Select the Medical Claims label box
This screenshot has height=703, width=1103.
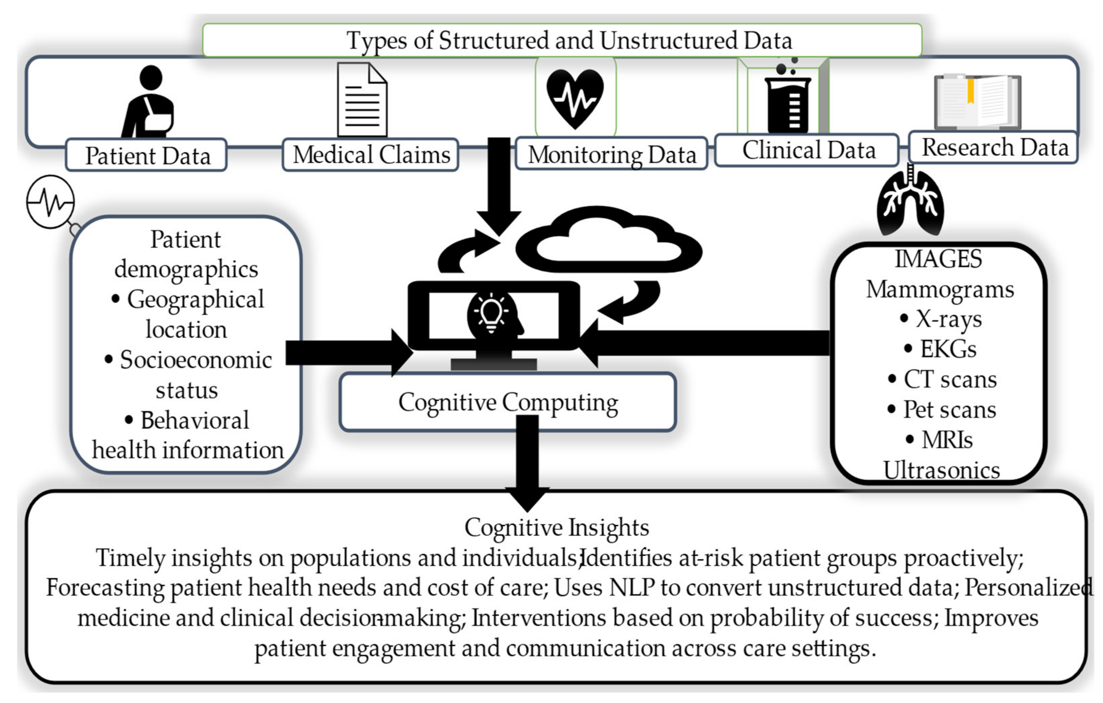pyautogui.click(x=370, y=155)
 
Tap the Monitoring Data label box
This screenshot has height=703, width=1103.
pyautogui.click(x=611, y=154)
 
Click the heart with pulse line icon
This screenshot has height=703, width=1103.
pyautogui.click(x=575, y=98)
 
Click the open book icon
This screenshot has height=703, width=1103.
pyautogui.click(x=978, y=101)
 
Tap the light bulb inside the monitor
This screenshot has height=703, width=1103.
pyautogui.click(x=491, y=312)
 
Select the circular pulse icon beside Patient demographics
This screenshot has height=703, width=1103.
pyautogui.click(x=50, y=201)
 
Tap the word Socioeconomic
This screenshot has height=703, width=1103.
pyautogui.click(x=196, y=360)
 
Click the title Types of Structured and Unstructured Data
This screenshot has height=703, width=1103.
pyautogui.click(x=569, y=40)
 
